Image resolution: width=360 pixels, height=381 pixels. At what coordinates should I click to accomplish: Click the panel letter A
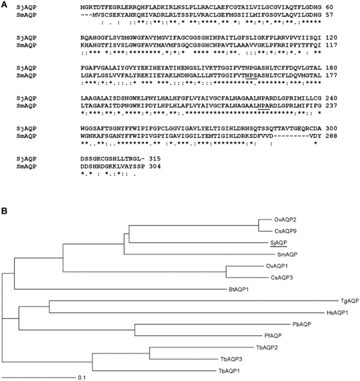4,5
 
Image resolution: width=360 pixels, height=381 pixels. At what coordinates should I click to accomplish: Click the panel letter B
4,211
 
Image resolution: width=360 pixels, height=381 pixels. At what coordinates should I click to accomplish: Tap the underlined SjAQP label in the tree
278,243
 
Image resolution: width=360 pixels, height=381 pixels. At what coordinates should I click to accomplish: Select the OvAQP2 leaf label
285,219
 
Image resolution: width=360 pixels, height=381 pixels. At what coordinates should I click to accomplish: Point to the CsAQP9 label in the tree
286,231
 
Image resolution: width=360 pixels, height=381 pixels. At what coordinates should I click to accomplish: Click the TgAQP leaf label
350,301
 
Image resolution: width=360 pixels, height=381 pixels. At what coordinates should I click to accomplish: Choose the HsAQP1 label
337,313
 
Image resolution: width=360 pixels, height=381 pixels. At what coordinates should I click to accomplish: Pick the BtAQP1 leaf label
239,290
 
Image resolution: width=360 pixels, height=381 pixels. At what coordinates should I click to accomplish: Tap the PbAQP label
302,324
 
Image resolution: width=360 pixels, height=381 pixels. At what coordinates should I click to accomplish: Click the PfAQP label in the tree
273,336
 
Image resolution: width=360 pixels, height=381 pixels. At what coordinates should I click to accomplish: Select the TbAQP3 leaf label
231,359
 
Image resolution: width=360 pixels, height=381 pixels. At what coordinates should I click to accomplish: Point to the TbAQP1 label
229,371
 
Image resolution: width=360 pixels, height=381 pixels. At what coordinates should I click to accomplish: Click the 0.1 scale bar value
82,378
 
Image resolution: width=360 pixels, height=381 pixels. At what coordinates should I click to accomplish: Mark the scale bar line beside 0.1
39,377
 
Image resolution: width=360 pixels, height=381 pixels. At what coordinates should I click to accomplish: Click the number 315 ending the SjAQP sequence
155,159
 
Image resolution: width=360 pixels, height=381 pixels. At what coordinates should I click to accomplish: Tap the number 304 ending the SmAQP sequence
155,166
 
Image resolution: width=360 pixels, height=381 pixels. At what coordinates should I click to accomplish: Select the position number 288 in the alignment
331,136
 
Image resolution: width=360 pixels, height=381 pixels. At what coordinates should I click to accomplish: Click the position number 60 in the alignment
330,7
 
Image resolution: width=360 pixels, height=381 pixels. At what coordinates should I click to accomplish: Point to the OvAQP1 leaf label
277,266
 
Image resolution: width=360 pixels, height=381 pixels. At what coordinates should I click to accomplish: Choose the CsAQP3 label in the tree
281,277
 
